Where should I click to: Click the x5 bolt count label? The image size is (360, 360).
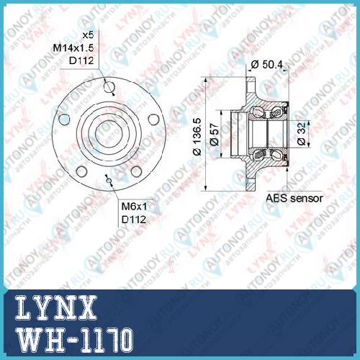88,35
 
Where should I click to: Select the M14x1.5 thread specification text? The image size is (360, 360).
73,48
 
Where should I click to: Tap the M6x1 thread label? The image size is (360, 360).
134,207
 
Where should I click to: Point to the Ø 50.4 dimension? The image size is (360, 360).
266,64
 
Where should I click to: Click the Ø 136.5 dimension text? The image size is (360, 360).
197,137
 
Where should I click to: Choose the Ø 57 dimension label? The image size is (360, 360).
214,135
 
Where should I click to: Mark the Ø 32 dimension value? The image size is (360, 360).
302,134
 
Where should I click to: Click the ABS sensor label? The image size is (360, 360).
294,198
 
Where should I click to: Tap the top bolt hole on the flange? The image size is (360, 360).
109,86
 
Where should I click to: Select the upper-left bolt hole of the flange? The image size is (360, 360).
64,120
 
